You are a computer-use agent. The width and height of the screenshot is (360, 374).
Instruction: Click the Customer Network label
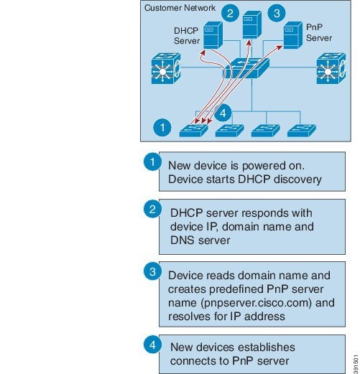pyautogui.click(x=180, y=8)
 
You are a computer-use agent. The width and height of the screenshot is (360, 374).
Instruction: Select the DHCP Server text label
pyautogui.click(x=187, y=36)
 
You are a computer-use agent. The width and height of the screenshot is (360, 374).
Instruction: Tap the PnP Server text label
pyautogui.click(x=319, y=32)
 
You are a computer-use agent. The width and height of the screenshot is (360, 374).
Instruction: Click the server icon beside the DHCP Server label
pyautogui.click(x=213, y=35)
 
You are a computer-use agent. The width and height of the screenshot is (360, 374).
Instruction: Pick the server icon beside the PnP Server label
pyautogui.click(x=292, y=35)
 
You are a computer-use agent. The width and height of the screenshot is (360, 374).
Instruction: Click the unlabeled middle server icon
pyautogui.click(x=252, y=24)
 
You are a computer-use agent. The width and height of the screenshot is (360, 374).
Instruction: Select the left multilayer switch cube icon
pyautogui.click(x=166, y=68)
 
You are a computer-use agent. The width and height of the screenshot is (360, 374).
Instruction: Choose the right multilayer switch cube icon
pyautogui.click(x=331, y=68)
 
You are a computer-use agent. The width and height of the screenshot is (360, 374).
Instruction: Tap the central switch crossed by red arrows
pyautogui.click(x=246, y=68)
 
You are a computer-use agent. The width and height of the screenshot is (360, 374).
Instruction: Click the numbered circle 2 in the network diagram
pyautogui.click(x=230, y=13)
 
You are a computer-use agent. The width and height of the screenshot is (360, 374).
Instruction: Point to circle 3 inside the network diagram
pyautogui.click(x=277, y=13)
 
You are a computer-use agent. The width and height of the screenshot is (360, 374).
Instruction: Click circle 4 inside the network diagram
pyautogui.click(x=223, y=113)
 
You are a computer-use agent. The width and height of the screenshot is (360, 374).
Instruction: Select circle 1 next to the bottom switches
pyautogui.click(x=162, y=127)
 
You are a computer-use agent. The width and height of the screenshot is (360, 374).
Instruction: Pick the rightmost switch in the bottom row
pyautogui.click(x=302, y=131)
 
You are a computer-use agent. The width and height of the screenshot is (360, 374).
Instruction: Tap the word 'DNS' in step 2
pyautogui.click(x=183, y=240)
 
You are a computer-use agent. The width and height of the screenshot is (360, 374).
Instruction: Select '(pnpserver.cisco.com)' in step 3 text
pyautogui.click(x=256, y=303)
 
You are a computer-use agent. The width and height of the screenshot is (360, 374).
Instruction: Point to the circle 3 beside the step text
pyautogui.click(x=152, y=271)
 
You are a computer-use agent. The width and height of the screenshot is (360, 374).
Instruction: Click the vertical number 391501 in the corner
pyautogui.click(x=356, y=364)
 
